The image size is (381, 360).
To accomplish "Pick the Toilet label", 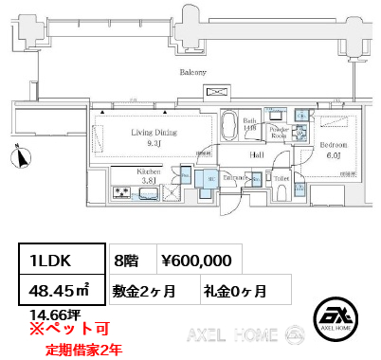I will point(281,177).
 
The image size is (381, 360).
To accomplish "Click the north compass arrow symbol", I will point(17,157).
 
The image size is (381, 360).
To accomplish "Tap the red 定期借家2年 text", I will point(83,349).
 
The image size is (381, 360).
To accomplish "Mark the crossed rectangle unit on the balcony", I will point(218,93).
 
